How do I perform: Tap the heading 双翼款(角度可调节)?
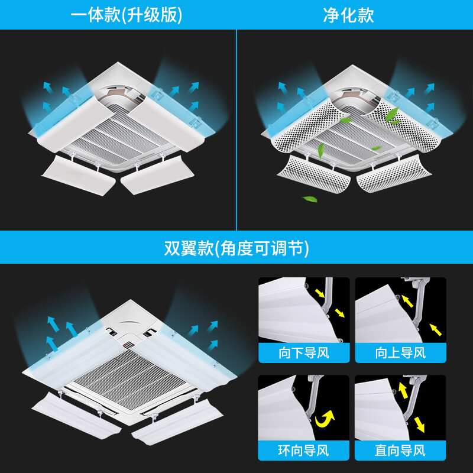(237, 248)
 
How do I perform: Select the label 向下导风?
(304, 353)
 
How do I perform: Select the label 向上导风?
(400, 353)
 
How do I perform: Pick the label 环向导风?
(304, 451)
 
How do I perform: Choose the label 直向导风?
(400, 451)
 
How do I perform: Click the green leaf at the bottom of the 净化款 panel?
(309, 199)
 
